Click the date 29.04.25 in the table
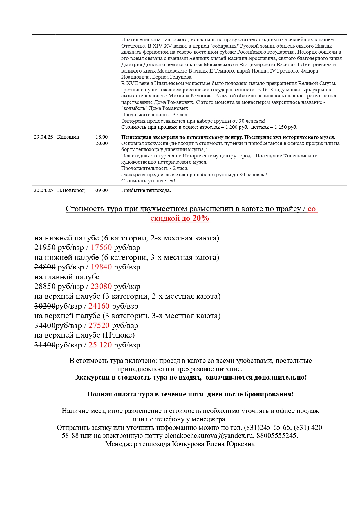[x=43, y=137]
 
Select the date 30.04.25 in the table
[x=43, y=191]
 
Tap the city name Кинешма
[x=68, y=137]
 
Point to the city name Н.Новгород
[x=71, y=191]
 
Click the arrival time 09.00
[x=102, y=191]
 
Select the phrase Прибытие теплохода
[x=146, y=191]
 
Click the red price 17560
[x=101, y=248]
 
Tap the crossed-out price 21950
[x=45, y=248]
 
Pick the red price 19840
[x=101, y=267]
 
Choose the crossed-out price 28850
[x=45, y=287]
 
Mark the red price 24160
[x=99, y=306]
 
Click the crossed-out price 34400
[x=45, y=326]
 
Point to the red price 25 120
[x=100, y=345]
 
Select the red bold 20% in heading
[x=201, y=218]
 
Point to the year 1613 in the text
[x=268, y=90]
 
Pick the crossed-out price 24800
[x=45, y=267]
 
